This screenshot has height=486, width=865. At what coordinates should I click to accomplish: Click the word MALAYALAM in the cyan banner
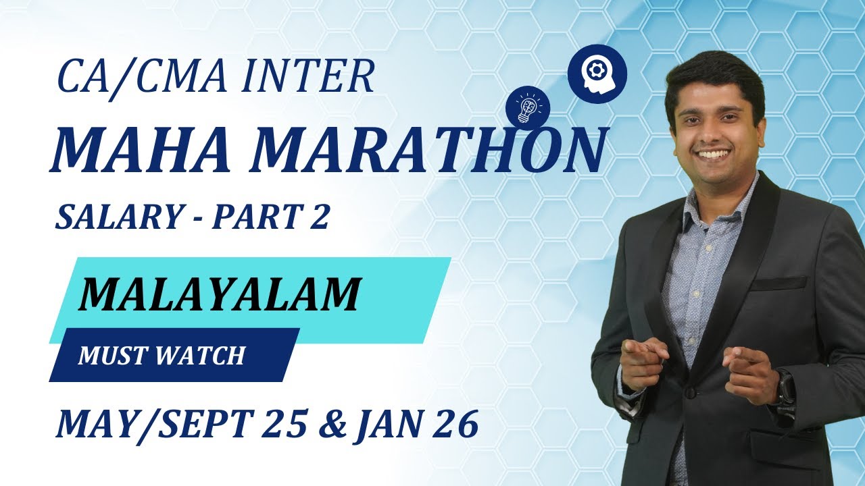point(218,294)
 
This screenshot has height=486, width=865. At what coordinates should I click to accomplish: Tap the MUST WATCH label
point(161,355)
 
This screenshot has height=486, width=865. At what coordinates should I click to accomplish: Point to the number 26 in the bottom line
point(456,425)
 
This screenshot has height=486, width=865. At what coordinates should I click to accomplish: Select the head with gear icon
point(597,74)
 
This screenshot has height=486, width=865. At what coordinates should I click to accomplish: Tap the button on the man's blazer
point(689,392)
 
